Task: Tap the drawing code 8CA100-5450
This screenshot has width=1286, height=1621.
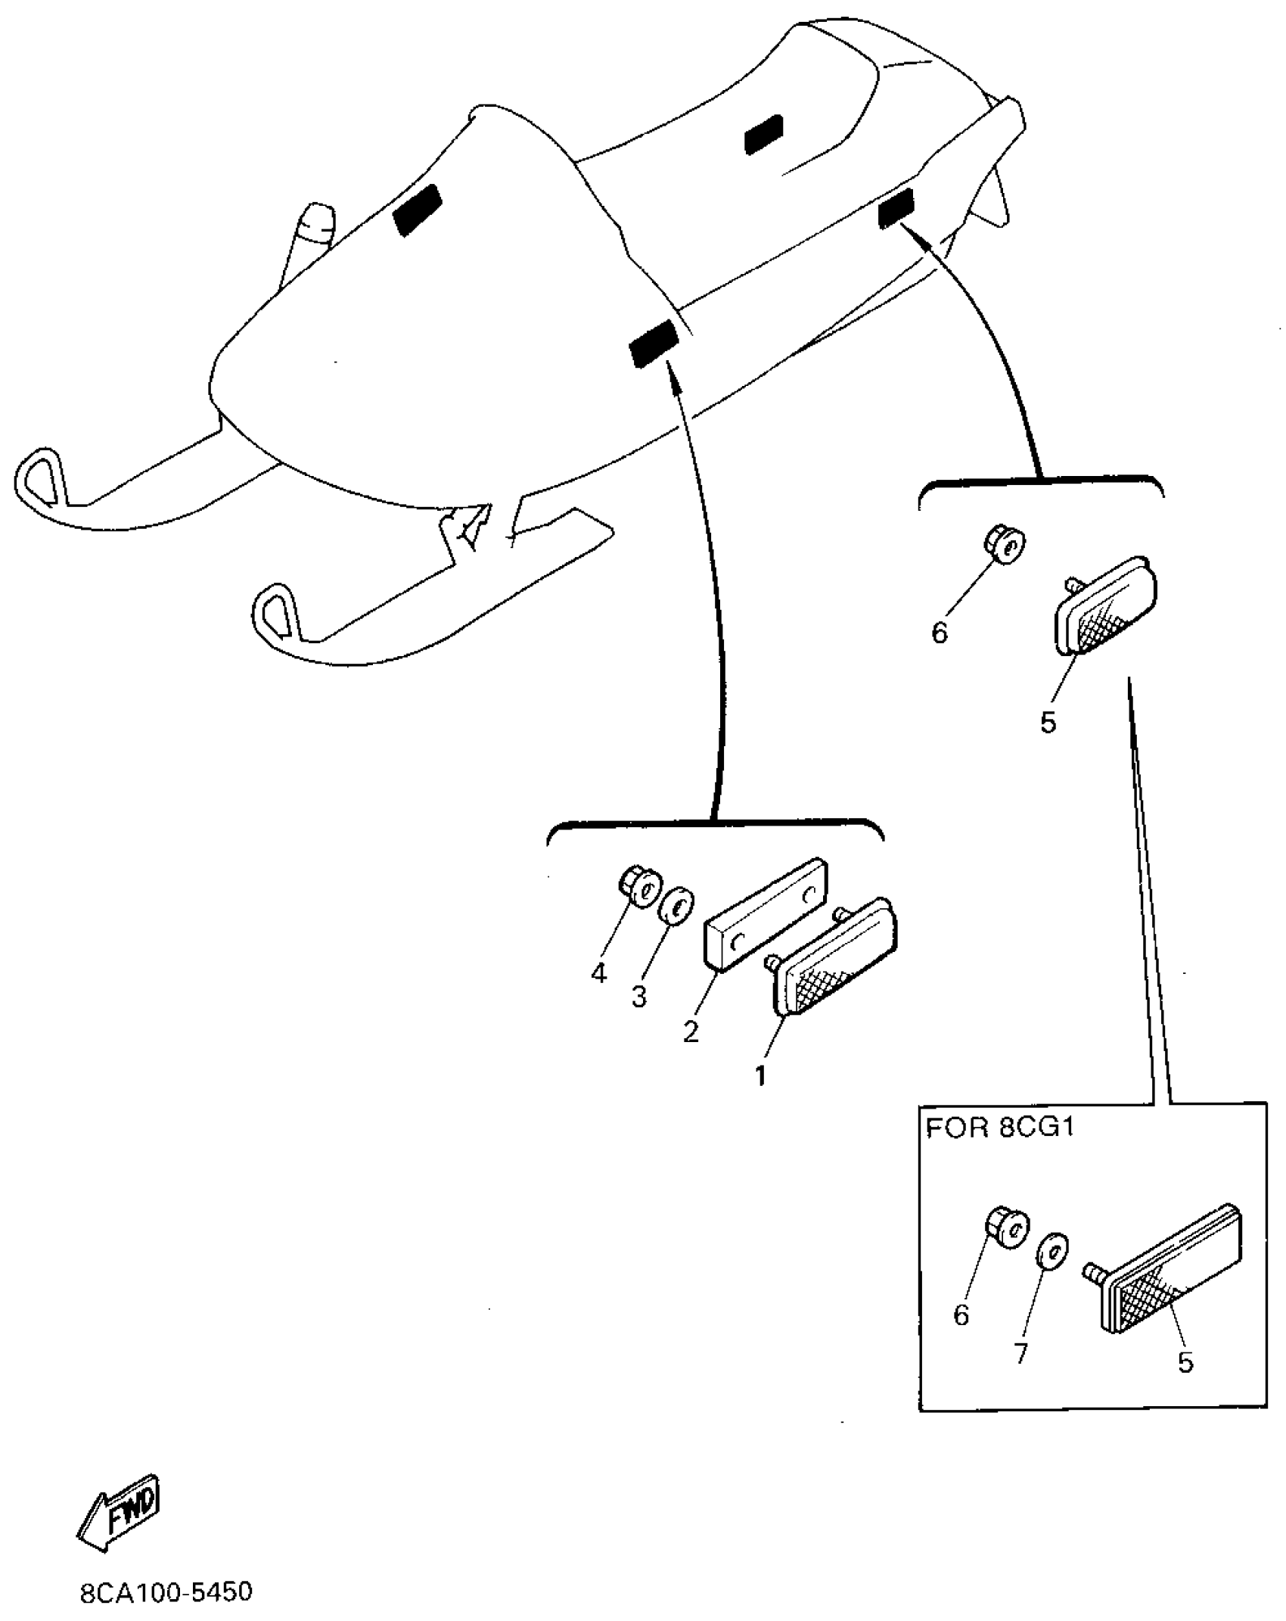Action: click(166, 1591)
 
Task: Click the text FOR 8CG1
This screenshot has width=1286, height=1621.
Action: click(1000, 1129)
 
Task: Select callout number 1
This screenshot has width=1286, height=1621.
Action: click(760, 1075)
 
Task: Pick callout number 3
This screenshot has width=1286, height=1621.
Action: click(639, 997)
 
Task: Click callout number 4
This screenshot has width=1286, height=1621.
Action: click(598, 973)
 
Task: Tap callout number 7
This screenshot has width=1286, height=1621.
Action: click(1021, 1352)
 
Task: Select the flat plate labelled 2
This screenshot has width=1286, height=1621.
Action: click(766, 913)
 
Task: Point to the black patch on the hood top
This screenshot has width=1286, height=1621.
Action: click(417, 208)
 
